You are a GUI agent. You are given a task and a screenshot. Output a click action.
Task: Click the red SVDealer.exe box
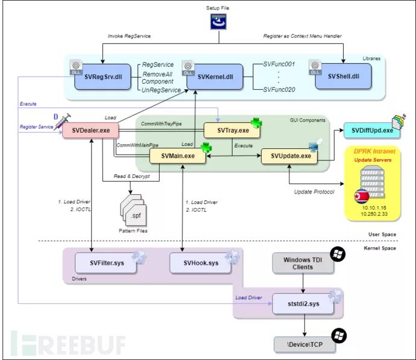click(90, 130)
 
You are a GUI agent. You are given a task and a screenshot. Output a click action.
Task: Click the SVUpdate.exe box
click(290, 157)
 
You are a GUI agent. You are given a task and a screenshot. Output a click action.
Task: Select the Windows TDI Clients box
click(300, 263)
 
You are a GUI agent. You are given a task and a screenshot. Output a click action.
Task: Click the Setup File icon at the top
click(218, 22)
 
